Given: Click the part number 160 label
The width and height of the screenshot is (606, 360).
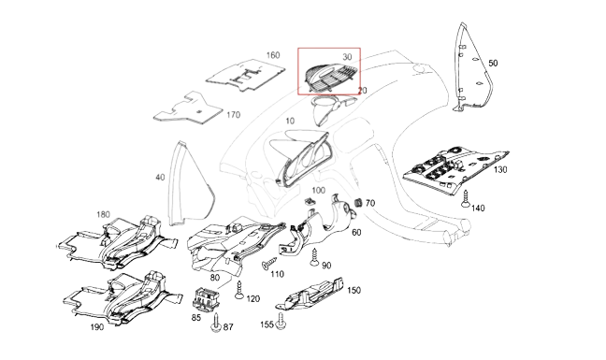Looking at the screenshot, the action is tap(273, 55).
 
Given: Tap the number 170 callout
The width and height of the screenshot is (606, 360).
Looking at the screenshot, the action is tap(233, 115).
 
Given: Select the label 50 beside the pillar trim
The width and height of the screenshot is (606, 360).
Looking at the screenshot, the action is tap(493, 63).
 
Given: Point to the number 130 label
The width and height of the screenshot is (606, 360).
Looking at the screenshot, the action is tap(500, 169).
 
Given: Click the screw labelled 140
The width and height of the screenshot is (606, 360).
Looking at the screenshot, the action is tap(466, 198).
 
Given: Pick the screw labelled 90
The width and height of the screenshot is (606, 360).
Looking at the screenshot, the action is tap(314, 258).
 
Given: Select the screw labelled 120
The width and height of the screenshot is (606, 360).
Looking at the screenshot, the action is tap(238, 290).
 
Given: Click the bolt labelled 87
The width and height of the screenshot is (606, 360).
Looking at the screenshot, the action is tap(216, 323).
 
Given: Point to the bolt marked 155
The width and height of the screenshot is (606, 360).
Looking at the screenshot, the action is tap(281, 321).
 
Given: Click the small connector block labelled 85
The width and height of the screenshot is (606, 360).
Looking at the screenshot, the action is tap(206, 299).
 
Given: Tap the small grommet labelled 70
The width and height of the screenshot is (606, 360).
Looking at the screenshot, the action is tap(358, 203).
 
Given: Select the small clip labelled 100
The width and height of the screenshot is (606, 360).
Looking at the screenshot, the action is tap(310, 201).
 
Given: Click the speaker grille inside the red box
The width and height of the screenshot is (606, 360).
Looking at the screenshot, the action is tap(331, 78).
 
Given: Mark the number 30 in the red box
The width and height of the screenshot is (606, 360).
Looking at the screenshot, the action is tap(347, 57).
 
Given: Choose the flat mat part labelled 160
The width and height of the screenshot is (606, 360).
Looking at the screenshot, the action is tap(246, 76).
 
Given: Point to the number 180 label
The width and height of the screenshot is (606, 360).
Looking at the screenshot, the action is tap(103, 214).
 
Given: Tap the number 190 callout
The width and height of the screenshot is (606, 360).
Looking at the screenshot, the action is tap(97, 327).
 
